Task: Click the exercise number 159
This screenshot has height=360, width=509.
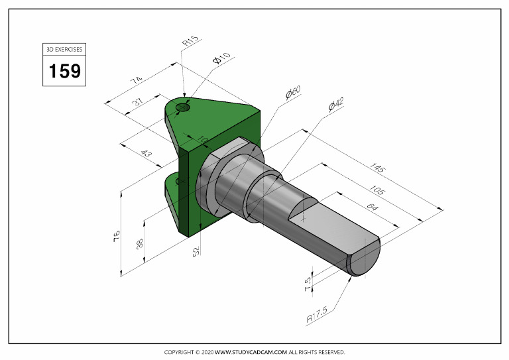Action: point(65,70)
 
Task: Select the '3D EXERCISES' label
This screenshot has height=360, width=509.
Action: point(65,50)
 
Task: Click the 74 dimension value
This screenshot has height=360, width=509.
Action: point(136,80)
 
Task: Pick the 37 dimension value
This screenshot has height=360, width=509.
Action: point(138,102)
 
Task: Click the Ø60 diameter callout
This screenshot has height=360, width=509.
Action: point(293,93)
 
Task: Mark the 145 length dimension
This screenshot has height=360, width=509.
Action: point(378,166)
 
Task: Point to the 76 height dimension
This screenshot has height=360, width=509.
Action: point(117,234)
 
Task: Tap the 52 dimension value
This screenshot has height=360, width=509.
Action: point(196,251)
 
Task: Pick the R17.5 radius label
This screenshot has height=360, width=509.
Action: point(318,316)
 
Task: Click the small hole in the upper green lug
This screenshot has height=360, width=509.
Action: point(183,107)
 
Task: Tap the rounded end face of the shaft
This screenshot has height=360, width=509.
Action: point(365,259)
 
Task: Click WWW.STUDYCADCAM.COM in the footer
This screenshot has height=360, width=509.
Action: point(251,352)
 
